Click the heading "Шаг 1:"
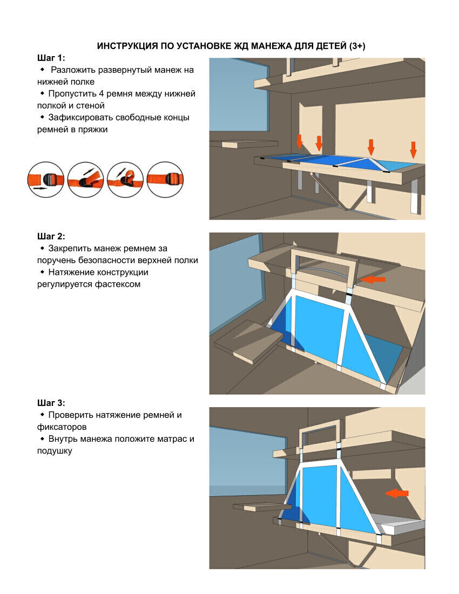pyautogui.click(x=51, y=58)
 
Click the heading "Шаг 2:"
pyautogui.click(x=51, y=237)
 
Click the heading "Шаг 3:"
pyautogui.click(x=51, y=403)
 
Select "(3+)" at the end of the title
pyautogui.click(x=357, y=46)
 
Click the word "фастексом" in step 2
pyautogui.click(x=118, y=284)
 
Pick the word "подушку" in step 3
pyautogui.click(x=55, y=451)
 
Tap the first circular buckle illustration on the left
pyautogui.click(x=46, y=180)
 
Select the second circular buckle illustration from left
pyautogui.click(x=85, y=180)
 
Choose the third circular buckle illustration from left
pyautogui.click(x=125, y=180)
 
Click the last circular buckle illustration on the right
pyautogui.click(x=165, y=180)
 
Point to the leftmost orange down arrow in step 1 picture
pyautogui.click(x=300, y=141)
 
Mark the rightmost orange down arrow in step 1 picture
pyautogui.click(x=414, y=150)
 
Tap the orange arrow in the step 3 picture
pyautogui.click(x=396, y=493)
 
